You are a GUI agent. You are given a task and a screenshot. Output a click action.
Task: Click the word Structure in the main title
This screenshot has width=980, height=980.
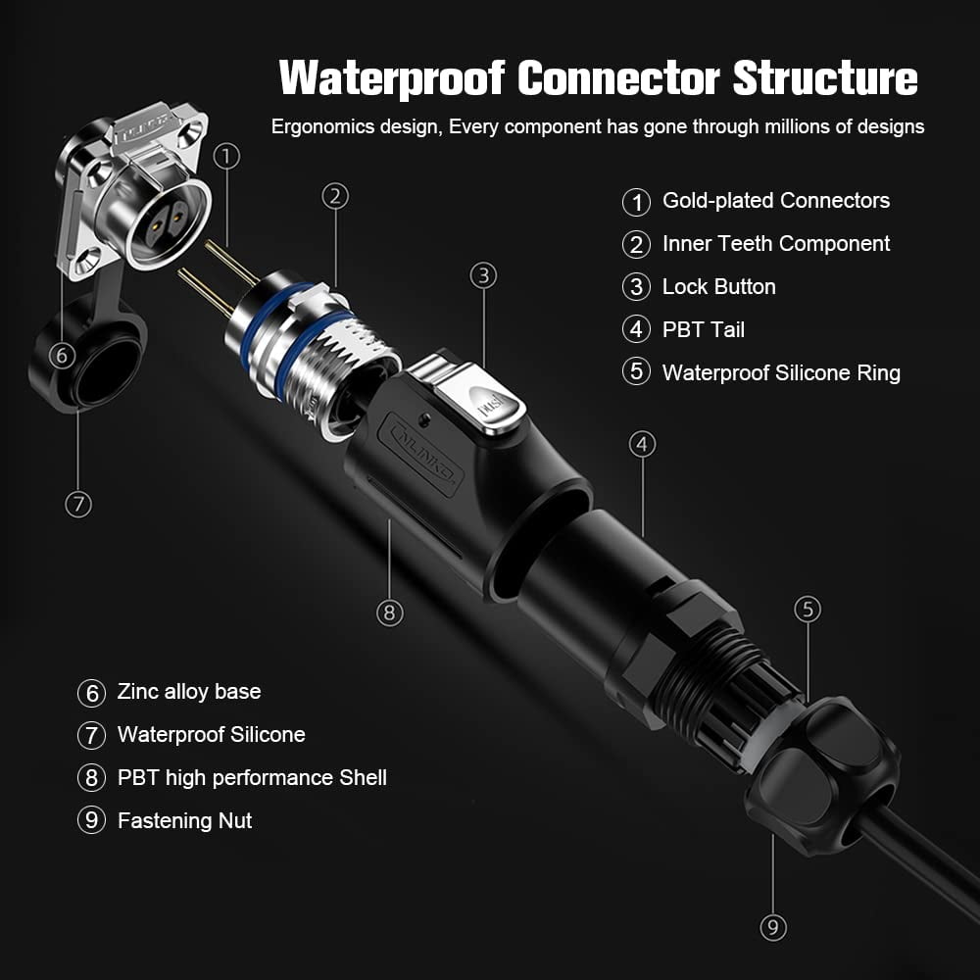coord(825,78)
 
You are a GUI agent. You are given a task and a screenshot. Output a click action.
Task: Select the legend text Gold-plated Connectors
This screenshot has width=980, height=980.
coord(776,201)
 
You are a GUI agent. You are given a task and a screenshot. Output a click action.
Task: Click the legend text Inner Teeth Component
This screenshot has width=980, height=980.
coord(776,244)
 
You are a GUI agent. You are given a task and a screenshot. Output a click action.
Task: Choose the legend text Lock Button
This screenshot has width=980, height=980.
coord(718,287)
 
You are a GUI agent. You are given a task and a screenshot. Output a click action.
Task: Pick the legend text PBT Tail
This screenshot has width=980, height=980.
coord(704,330)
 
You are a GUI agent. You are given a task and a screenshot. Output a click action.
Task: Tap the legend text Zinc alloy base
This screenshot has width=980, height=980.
coord(189,692)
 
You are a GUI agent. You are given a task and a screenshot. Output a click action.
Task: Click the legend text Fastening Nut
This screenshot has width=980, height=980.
coord(184,821)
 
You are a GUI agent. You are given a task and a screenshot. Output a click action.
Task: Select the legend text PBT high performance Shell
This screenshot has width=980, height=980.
coord(252,778)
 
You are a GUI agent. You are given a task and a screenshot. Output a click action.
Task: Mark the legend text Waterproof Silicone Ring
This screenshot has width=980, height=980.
coord(781,373)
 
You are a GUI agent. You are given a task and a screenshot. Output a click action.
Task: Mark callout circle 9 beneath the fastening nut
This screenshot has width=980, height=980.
coord(773,927)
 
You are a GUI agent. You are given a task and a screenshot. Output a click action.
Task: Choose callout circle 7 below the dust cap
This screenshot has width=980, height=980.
coord(78,505)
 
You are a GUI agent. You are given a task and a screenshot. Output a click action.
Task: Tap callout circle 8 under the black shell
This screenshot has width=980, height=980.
coord(389,612)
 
